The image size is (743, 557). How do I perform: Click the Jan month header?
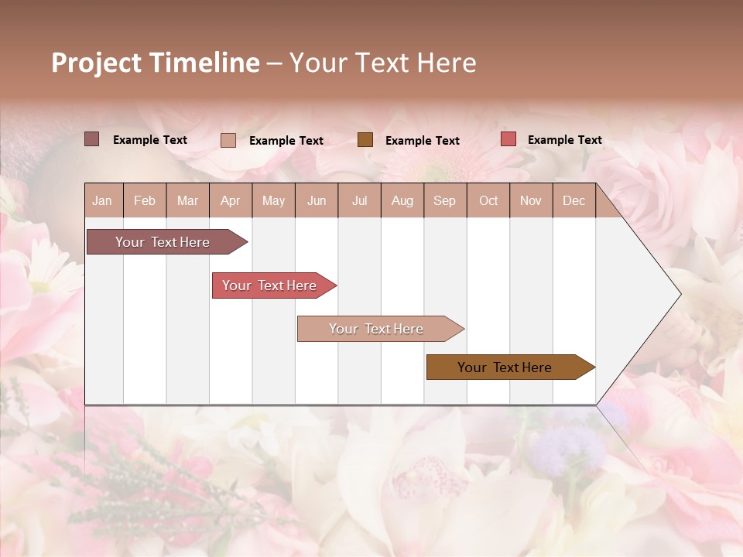pos(103,200)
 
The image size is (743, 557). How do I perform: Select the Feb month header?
pos(145,200)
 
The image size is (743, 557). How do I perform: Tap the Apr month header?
pos(231,200)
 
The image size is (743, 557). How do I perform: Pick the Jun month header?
pos(317,200)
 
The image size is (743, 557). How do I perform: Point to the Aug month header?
pos(402,200)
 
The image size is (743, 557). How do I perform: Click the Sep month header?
pos(445,200)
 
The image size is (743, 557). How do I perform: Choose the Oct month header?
pos(488,200)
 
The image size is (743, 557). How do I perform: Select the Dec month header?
pos(574,200)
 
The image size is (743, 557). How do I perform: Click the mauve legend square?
pos(92,139)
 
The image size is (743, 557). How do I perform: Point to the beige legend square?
pos(228,140)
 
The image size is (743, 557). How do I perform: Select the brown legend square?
pos(365,139)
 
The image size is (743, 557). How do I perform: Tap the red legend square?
pos(508,139)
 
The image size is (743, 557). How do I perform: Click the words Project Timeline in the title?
pos(156,63)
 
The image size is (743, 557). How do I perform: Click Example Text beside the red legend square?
pos(565,140)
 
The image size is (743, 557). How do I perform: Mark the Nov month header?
pos(531,200)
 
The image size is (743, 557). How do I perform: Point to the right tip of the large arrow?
pos(679,294)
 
